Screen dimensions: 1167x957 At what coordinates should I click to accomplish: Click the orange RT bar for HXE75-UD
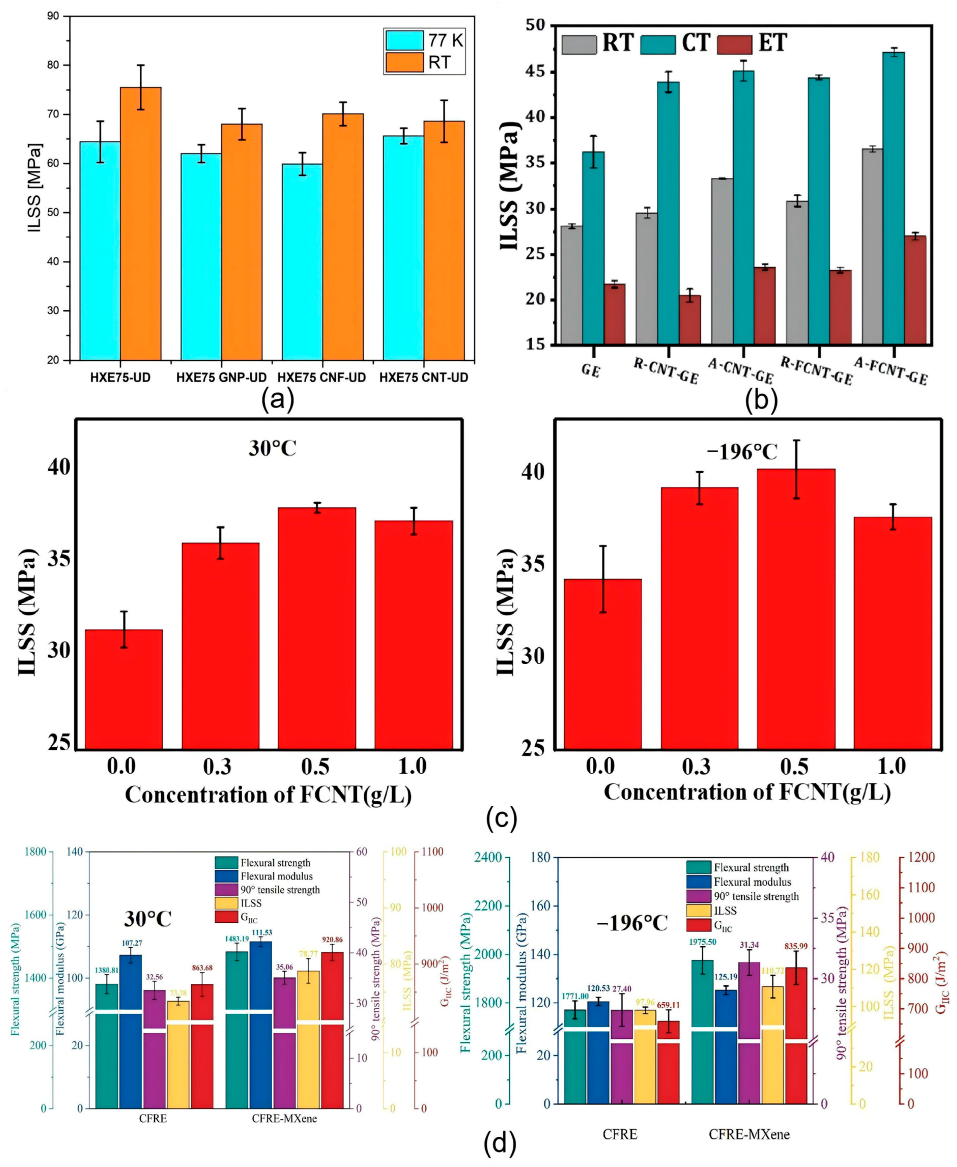point(140,223)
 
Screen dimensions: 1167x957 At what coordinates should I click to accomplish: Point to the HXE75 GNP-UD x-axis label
point(222,378)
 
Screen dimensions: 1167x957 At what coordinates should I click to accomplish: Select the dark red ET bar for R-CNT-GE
point(690,320)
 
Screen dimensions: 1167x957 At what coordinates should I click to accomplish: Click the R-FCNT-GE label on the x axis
point(817,371)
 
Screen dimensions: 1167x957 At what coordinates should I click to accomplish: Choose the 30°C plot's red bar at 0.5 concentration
point(317,628)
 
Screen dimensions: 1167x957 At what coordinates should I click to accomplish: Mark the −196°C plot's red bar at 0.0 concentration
point(603,664)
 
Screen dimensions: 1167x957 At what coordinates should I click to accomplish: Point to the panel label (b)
point(761,401)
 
